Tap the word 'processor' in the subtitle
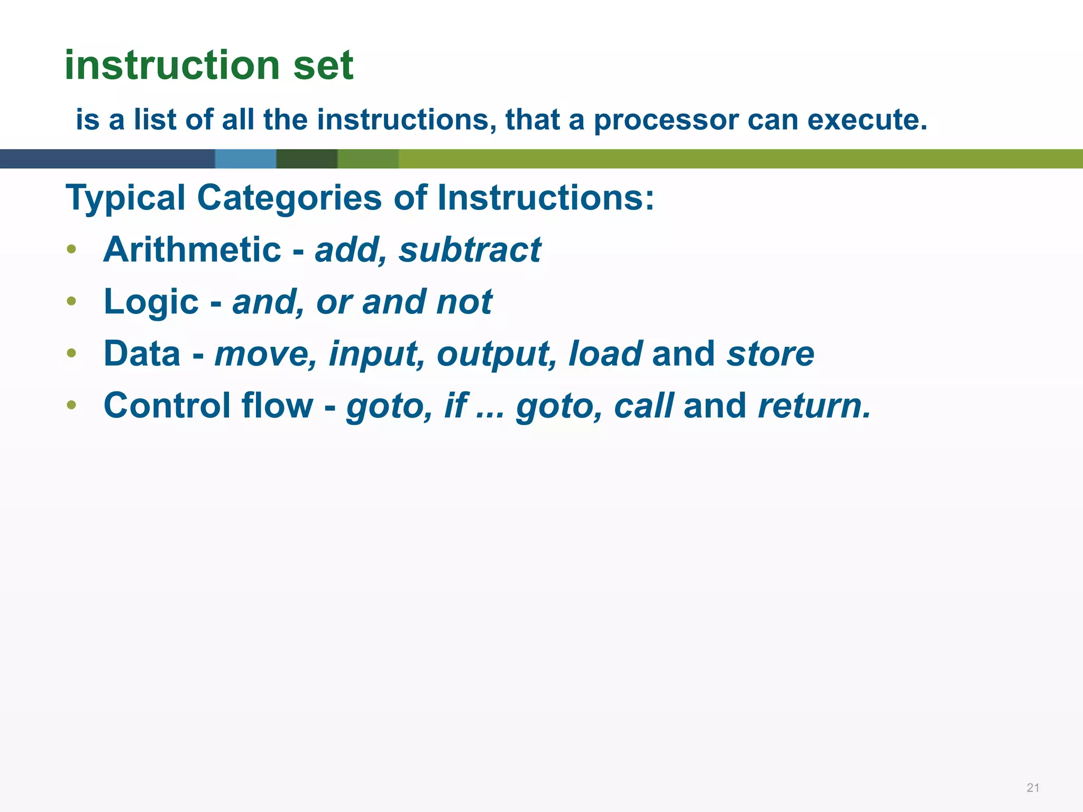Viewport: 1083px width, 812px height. [666, 121]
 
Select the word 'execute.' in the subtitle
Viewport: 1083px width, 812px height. [867, 119]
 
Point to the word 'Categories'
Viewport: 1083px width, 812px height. [289, 199]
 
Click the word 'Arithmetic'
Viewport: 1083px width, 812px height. [192, 250]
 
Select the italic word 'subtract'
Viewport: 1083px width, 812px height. [470, 250]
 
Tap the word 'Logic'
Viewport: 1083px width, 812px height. [151, 302]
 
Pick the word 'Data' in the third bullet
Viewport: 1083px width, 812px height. [142, 354]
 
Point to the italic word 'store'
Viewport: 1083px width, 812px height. [770, 354]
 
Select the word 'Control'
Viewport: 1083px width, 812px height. [167, 405]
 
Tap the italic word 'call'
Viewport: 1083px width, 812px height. [644, 405]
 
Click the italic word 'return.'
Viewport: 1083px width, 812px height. [814, 405]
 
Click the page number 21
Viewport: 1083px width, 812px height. [1033, 788]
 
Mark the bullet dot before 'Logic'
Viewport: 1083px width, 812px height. [72, 302]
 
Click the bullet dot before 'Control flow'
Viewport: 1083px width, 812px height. [72, 405]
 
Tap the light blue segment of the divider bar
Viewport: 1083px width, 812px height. [245, 159]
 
